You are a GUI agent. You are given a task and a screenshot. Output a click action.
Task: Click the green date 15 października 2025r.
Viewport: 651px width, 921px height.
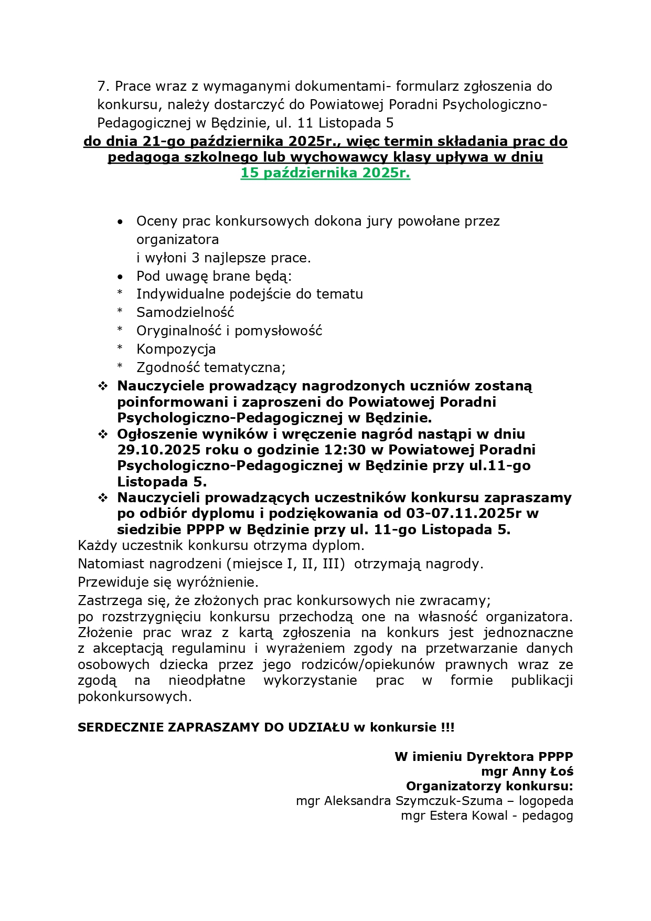point(325,173)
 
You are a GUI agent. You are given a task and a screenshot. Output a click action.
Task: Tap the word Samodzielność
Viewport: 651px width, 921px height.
point(185,312)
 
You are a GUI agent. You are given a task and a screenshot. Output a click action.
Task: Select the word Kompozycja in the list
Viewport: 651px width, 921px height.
point(176,349)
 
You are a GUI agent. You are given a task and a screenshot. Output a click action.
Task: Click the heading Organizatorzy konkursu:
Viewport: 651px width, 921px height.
point(489,786)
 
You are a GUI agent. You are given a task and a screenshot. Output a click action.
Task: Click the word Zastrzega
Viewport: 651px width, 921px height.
point(108,600)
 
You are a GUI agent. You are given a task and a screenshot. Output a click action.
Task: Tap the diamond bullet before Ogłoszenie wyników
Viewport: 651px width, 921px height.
point(103,435)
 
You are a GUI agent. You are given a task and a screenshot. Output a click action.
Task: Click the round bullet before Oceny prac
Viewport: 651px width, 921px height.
point(121,222)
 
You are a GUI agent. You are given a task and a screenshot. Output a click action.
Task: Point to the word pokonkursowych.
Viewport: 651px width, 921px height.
point(134,697)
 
